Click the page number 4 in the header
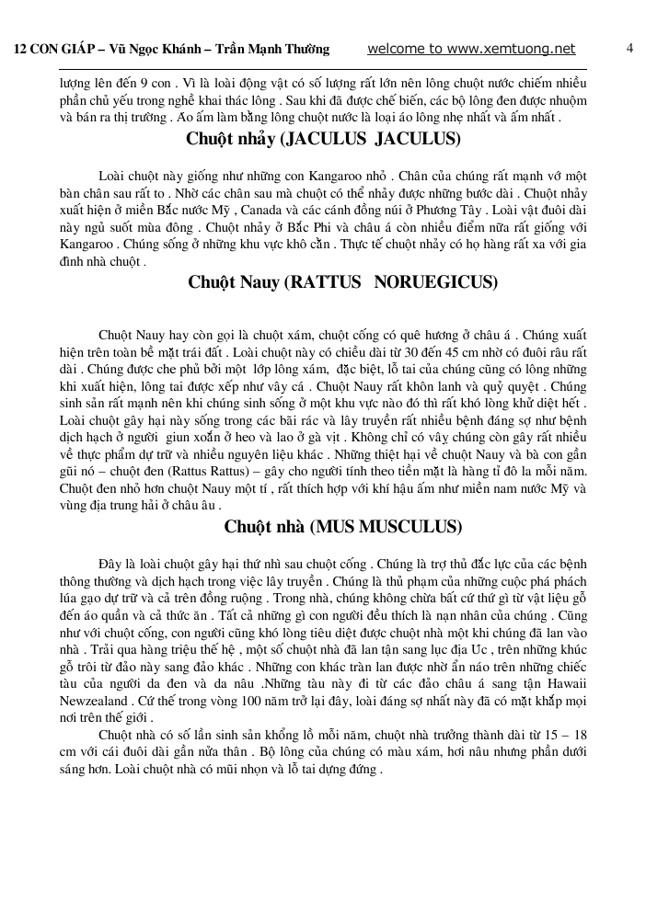[629, 48]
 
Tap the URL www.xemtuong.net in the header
[515, 48]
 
